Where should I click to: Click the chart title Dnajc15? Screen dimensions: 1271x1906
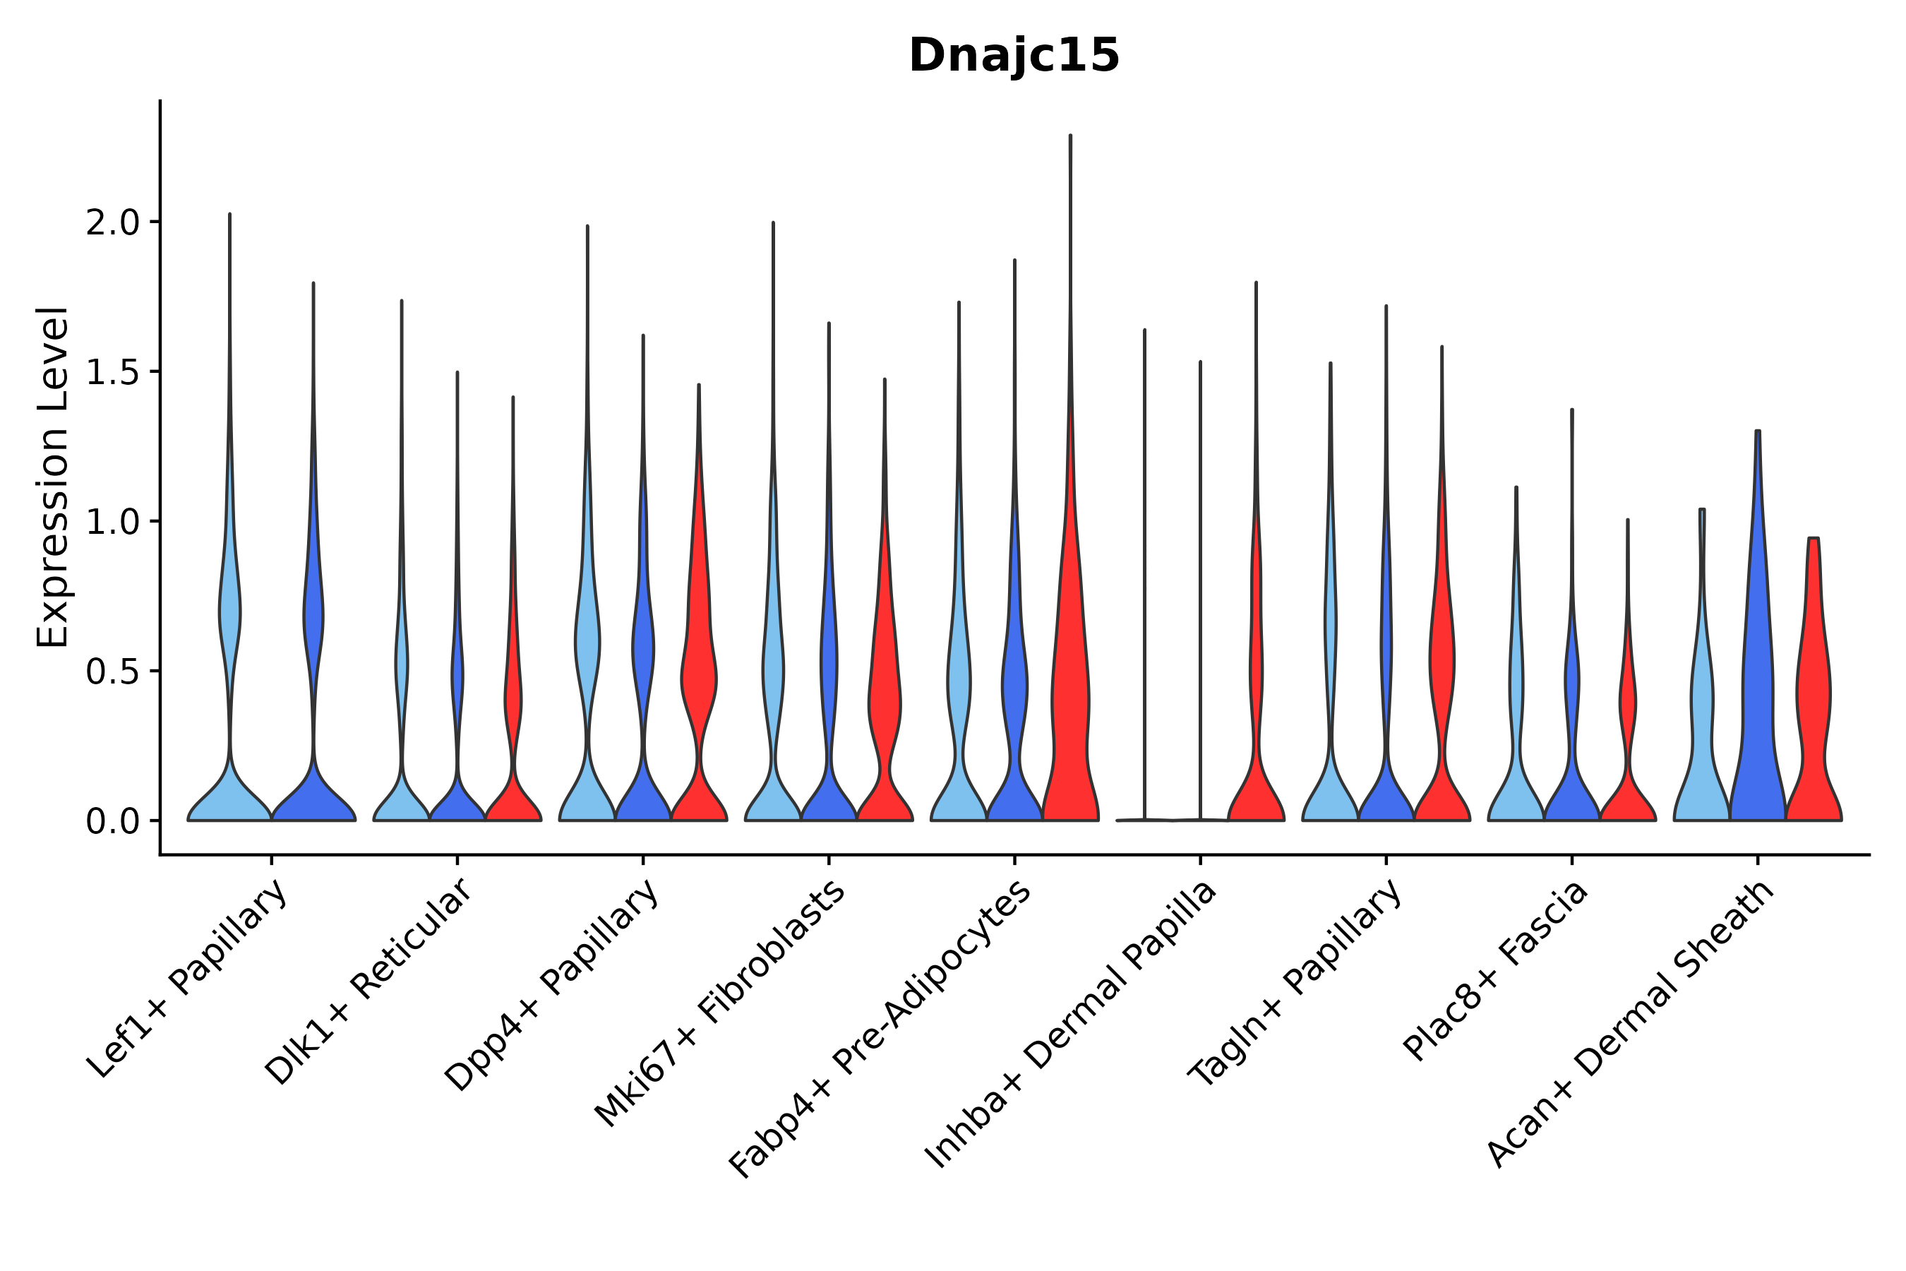tap(1014, 56)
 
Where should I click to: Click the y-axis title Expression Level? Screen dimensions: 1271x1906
tap(53, 477)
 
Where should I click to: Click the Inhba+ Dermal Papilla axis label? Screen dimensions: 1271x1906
tap(1072, 1025)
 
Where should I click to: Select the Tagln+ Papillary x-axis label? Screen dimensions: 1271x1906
tap(1295, 982)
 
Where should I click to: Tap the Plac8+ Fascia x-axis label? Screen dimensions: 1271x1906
tap(1496, 971)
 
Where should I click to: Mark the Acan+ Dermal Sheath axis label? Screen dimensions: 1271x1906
tap(1631, 1025)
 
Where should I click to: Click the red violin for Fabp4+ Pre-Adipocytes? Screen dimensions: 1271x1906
tap(1070, 689)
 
